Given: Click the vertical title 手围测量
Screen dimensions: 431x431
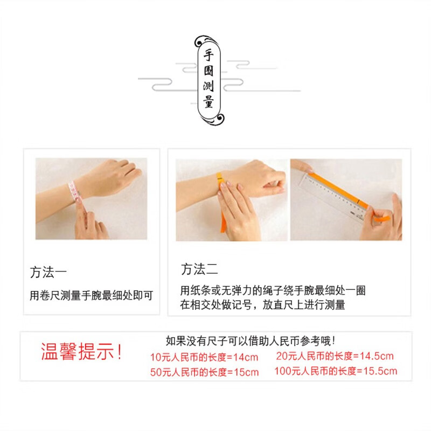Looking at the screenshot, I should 208,79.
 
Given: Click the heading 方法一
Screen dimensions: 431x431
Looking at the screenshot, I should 48,270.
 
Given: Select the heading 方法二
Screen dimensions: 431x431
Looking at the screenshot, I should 199,269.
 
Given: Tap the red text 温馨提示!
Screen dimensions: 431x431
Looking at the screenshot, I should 81,353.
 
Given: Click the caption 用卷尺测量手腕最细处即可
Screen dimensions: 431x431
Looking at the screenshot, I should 92,295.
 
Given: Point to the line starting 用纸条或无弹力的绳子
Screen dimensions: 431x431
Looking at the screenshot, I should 273,291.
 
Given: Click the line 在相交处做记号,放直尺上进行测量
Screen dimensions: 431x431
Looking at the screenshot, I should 262,305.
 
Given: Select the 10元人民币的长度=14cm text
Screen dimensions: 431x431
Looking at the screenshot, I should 205,357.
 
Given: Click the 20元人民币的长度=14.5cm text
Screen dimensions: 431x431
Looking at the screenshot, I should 335,356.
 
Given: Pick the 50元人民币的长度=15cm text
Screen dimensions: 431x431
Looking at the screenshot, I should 205,372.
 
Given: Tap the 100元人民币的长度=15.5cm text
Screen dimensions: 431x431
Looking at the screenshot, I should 335,371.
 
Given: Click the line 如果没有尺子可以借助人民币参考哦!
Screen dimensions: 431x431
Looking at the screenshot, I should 251,340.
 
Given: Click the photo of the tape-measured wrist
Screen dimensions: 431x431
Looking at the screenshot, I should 91,198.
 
